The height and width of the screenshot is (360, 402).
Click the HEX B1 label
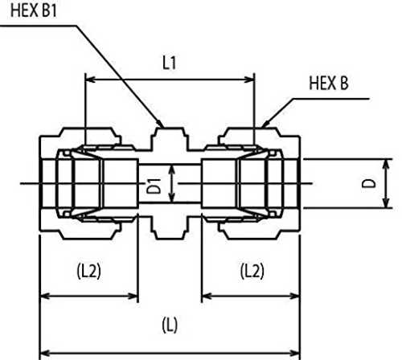34,11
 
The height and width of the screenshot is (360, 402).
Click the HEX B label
329,83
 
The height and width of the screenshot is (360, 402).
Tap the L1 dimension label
170,63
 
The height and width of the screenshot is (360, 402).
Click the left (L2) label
89,271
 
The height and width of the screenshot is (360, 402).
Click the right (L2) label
252,271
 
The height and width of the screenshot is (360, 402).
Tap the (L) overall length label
170,325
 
